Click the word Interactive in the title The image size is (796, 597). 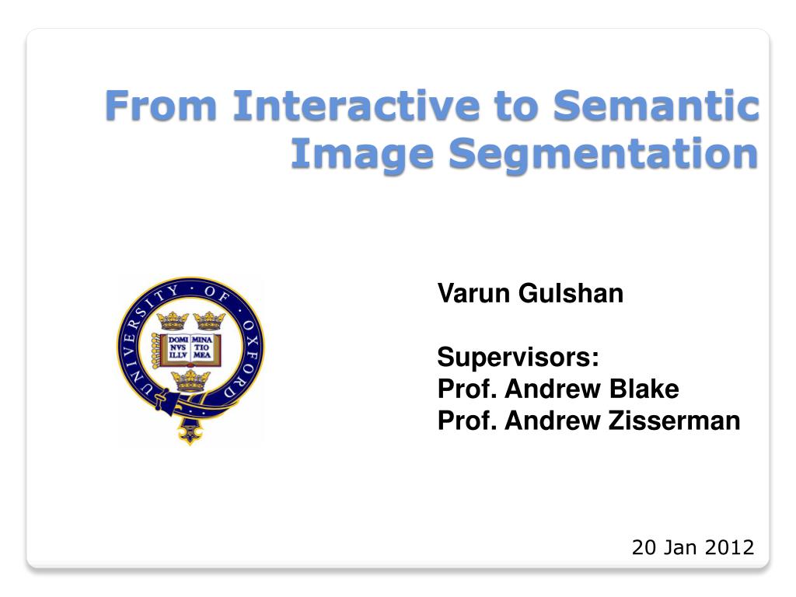point(356,105)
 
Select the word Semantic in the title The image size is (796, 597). point(655,105)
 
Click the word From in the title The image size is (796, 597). point(161,105)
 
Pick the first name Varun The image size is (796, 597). point(473,293)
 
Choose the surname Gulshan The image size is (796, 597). point(571,293)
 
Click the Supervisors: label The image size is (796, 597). point(518,357)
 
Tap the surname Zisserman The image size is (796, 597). point(674,421)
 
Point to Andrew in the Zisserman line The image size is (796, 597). point(553,421)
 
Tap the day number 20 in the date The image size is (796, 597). point(644,547)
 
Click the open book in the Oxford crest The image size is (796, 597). point(190,349)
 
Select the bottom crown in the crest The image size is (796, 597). point(190,381)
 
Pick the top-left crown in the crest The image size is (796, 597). point(173,321)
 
